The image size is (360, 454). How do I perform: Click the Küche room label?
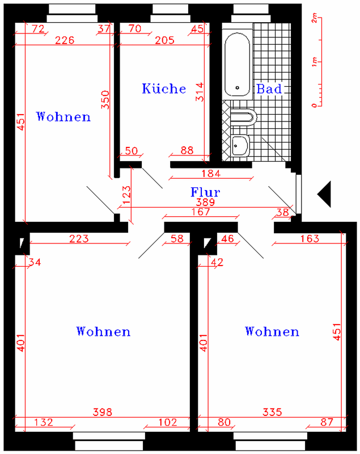pos(164,89)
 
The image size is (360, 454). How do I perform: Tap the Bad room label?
pos(269,89)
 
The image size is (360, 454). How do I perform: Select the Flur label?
pos(205,192)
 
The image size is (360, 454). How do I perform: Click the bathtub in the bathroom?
pos(238,64)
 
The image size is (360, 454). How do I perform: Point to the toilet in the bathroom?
pos(243,117)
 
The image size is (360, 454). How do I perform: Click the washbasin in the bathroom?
pos(240,146)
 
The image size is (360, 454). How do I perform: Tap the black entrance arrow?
pos(324,194)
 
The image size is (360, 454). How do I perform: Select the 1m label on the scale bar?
pos(315,62)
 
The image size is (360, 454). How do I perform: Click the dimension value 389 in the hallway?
pos(205,202)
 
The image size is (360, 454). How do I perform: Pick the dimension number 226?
pos(65,40)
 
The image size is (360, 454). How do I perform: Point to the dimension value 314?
pos(200,92)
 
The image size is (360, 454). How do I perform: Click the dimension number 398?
pos(103,412)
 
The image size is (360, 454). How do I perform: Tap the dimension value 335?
pos(272,412)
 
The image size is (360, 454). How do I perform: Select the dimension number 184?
pos(211,174)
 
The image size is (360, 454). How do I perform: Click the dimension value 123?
pos(126,195)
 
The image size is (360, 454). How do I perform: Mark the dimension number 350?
pos(105,100)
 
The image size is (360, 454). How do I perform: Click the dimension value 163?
pos(310,238)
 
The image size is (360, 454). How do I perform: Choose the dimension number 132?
pos(44,422)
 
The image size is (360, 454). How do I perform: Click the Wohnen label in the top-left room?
pos(63,116)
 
